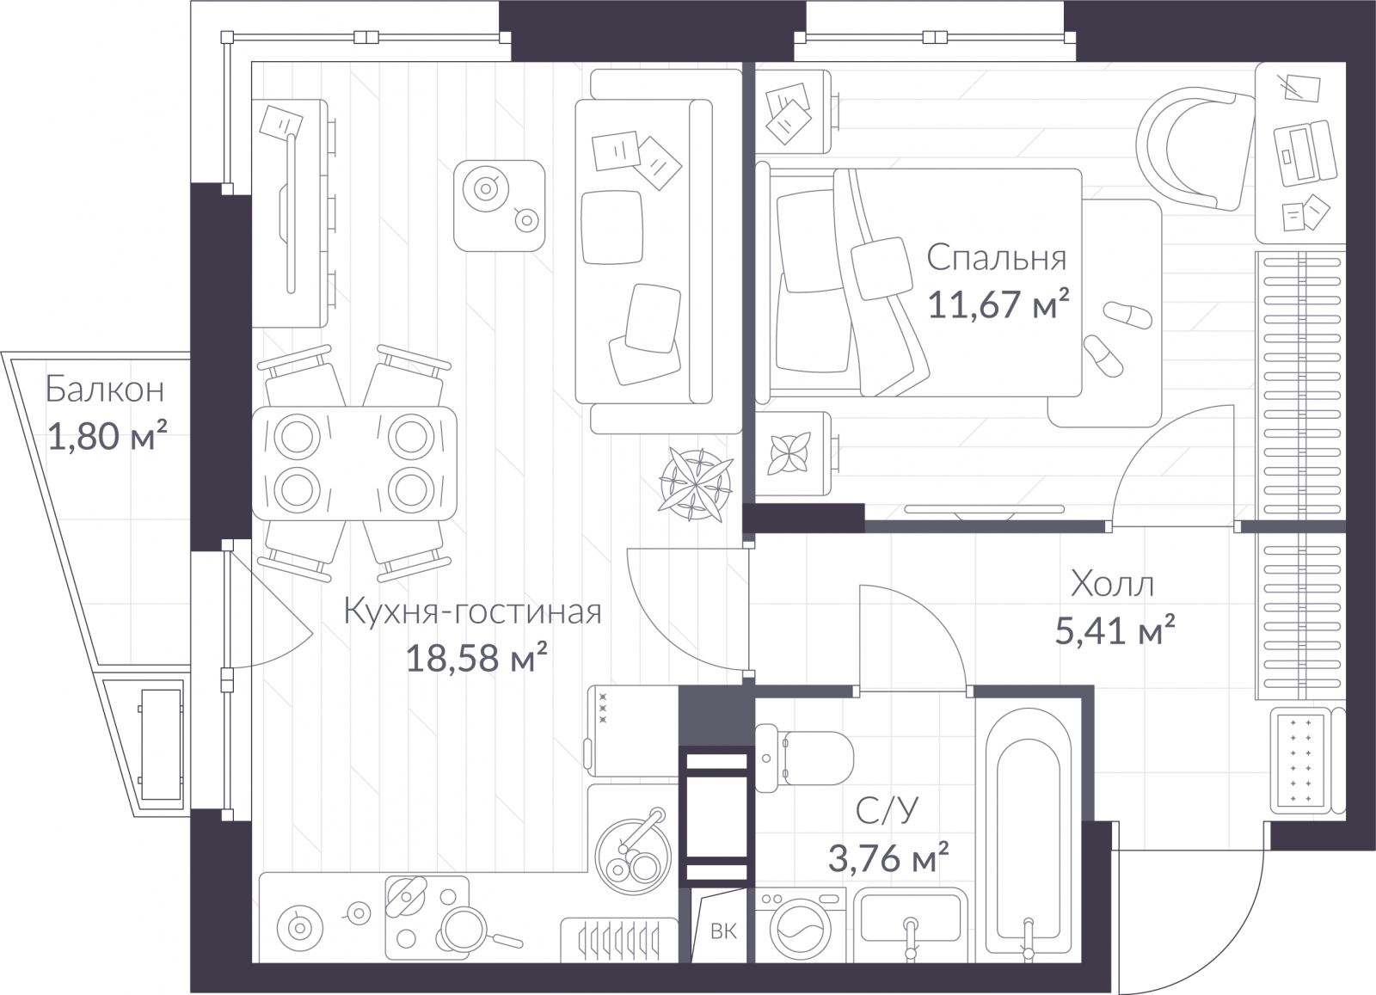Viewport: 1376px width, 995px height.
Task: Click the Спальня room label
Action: pyautogui.click(x=997, y=258)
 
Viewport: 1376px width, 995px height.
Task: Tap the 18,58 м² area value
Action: pyautogui.click(x=476, y=658)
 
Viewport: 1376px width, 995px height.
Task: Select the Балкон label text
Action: pyautogui.click(x=105, y=390)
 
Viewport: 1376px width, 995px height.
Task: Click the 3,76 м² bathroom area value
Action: pyautogui.click(x=888, y=857)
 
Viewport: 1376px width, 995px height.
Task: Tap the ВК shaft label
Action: pyautogui.click(x=723, y=931)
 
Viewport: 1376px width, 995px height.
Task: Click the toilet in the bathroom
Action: pyautogui.click(x=803, y=759)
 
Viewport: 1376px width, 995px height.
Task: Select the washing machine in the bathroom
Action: pyautogui.click(x=801, y=925)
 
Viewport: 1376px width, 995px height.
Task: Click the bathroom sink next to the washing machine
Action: pyautogui.click(x=911, y=925)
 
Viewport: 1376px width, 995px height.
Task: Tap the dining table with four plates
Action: pyautogui.click(x=354, y=464)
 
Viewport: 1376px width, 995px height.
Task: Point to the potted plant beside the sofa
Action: pyautogui.click(x=696, y=485)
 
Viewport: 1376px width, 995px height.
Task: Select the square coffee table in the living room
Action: pyautogui.click(x=500, y=206)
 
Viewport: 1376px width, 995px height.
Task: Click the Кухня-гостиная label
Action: pyautogui.click(x=472, y=611)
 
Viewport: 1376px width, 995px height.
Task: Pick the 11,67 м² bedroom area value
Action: pyautogui.click(x=998, y=304)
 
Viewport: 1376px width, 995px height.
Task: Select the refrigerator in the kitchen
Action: pyautogui.click(x=633, y=731)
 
